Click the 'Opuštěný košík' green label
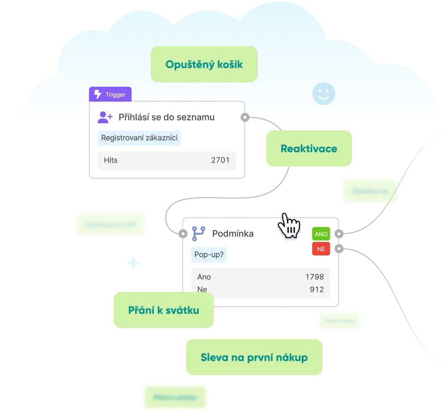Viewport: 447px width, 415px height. coord(204,64)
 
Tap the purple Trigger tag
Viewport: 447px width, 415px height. coord(110,94)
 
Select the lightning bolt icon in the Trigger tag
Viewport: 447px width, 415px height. coord(98,94)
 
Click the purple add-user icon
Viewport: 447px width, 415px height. coord(105,117)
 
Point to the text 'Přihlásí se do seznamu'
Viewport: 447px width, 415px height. coord(166,117)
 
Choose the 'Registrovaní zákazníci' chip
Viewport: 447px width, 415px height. coord(139,138)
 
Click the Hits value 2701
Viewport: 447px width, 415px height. coord(220,160)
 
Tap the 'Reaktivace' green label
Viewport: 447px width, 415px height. coord(309,149)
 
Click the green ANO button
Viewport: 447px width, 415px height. coord(321,234)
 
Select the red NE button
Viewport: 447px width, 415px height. coord(321,249)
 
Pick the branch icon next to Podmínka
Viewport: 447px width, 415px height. coord(199,233)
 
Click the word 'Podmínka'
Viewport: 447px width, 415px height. coord(233,233)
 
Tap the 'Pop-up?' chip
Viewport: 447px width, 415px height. coord(209,255)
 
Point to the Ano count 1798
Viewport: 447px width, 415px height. coord(315,277)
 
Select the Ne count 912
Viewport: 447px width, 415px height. coord(317,290)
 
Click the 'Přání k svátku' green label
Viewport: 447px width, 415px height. coord(163,310)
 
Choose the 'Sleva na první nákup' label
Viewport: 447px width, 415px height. coord(254,357)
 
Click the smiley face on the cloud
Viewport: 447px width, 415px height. coord(323,93)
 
